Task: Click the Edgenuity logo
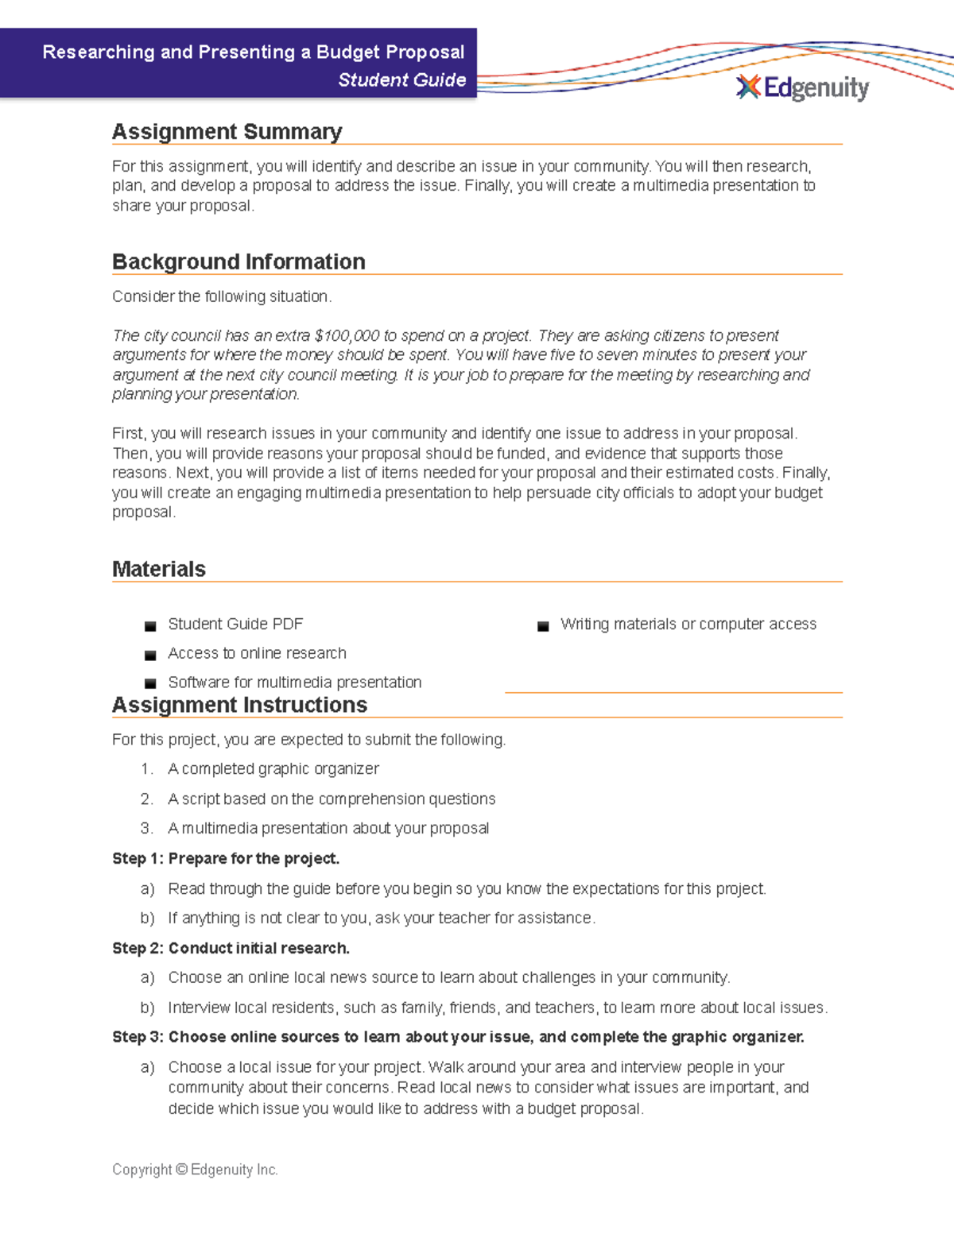[803, 87]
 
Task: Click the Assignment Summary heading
[227, 132]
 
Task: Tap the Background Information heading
[238, 262]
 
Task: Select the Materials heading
[159, 570]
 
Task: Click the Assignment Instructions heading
[239, 706]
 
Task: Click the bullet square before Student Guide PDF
[150, 626]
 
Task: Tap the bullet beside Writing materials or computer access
[543, 626]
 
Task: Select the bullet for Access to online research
[150, 656]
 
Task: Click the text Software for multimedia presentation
[294, 683]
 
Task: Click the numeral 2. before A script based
[146, 799]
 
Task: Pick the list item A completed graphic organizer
[273, 769]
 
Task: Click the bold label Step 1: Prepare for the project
[226, 859]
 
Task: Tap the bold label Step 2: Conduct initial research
[231, 949]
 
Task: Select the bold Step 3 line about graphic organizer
[458, 1038]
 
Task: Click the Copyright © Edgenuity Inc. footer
[195, 1170]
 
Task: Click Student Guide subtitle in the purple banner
[401, 80]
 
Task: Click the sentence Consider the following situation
[222, 296]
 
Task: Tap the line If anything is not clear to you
[381, 919]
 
